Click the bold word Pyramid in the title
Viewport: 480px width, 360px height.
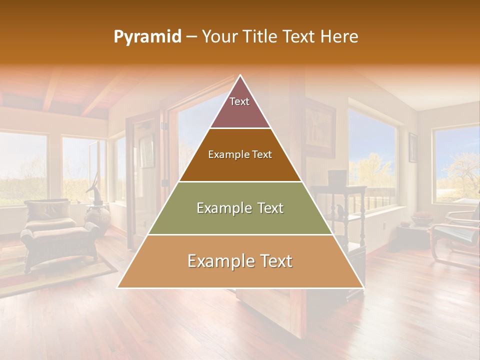(147, 37)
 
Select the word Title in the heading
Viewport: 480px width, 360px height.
(262, 37)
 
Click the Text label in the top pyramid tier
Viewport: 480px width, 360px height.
(239, 101)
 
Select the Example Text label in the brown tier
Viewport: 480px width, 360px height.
(240, 154)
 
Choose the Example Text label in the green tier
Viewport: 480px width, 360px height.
(240, 208)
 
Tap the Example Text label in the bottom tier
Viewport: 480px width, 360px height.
(240, 261)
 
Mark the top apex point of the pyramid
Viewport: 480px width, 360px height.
(240, 75)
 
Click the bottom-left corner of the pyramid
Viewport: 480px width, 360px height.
(118, 287)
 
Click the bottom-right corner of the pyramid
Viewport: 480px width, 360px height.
(363, 287)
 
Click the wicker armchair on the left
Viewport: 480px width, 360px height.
(55, 230)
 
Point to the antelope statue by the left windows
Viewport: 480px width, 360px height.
(94, 187)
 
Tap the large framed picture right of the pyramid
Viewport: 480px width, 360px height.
(320, 127)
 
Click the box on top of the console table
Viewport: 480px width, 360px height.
(337, 177)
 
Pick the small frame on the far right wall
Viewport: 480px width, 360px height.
(413, 147)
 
